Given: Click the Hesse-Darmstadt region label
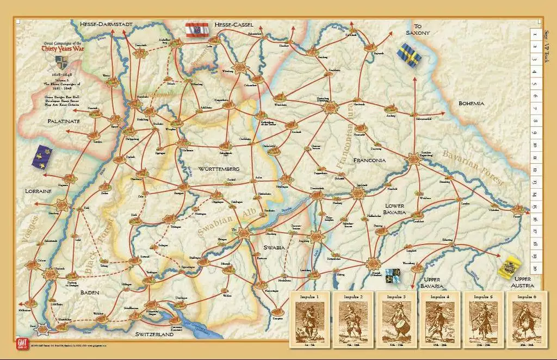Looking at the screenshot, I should click(106, 24).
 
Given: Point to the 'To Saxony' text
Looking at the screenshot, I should click(418, 29).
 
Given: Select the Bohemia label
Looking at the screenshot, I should click(471, 103).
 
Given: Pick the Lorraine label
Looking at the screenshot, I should click(38, 191).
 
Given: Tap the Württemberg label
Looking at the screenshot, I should click(219, 169).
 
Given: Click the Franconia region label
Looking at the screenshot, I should click(369, 160).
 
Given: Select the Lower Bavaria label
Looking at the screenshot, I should click(403, 209).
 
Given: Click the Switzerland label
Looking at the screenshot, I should click(154, 334).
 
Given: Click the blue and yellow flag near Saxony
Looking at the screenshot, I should click(409, 55).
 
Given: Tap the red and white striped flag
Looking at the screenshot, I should click(197, 29).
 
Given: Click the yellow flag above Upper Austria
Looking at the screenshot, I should click(511, 266).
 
